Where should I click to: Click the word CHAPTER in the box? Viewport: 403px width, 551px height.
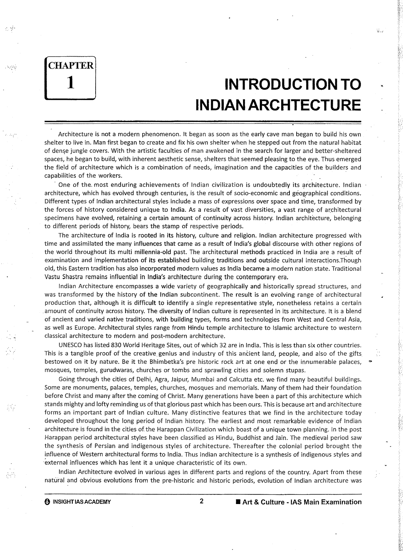click(x=71, y=66)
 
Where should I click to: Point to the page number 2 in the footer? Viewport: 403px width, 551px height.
click(x=201, y=501)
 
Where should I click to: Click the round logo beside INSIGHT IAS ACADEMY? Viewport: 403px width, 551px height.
click(x=47, y=502)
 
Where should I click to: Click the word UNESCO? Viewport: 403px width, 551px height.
click(x=71, y=345)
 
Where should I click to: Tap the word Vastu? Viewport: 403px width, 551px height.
click(x=53, y=277)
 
